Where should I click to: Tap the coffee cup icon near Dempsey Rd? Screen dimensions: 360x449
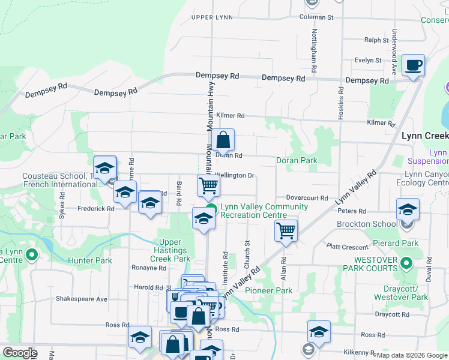point(412,66)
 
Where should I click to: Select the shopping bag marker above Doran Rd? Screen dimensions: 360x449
point(223,141)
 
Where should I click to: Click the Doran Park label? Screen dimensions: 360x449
point(297,160)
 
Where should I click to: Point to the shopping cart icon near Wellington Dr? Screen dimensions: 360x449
point(208,186)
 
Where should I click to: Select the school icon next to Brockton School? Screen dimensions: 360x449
point(408,210)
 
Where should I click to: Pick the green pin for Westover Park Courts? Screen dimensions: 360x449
point(406,263)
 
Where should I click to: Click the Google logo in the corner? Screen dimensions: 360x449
point(20,353)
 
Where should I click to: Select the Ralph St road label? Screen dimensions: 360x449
point(377,40)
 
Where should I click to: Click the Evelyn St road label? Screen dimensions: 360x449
point(367,60)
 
